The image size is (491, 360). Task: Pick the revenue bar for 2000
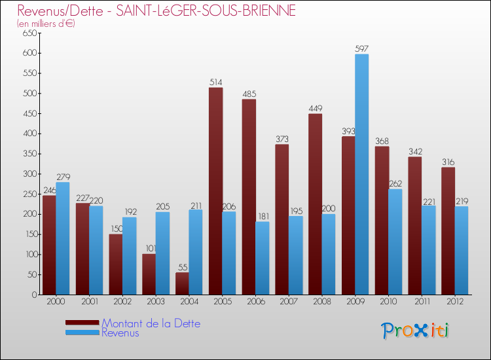coord(63,238)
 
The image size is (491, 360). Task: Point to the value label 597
coord(362,48)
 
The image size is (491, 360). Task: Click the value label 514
coord(216,82)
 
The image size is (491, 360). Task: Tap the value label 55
coord(182,267)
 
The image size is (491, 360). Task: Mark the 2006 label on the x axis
coord(255,301)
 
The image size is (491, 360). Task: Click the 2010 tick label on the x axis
coord(388,301)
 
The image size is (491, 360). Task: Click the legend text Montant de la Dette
coord(151,323)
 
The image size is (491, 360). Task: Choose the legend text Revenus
coord(120,333)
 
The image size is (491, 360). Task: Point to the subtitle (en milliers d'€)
coord(46,24)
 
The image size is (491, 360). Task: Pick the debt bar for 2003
coord(149,274)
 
